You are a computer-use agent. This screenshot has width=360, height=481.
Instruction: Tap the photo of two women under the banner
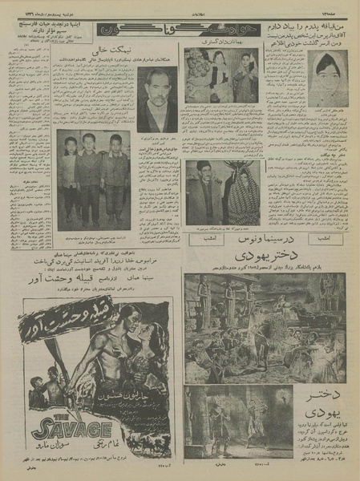(x=221, y=75)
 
